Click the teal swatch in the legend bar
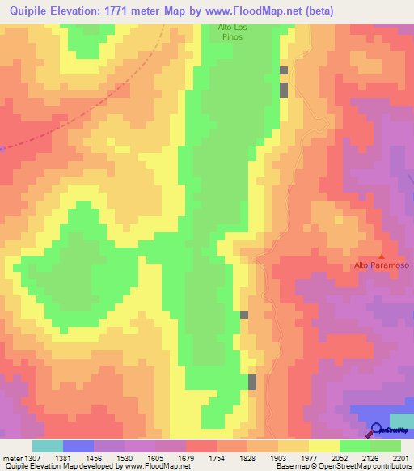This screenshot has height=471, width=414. tap(47, 446)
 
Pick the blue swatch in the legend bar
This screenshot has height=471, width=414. tap(78, 446)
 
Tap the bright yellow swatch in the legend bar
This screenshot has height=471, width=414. tap(323, 446)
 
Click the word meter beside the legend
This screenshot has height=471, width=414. tap(12, 457)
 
